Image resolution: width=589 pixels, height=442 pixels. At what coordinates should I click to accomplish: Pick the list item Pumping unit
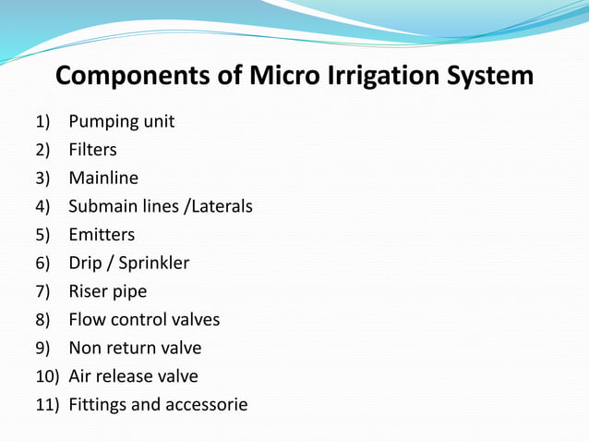(121, 121)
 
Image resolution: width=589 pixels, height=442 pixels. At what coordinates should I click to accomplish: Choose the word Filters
(92, 150)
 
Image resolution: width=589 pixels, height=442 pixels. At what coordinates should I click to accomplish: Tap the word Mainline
(103, 178)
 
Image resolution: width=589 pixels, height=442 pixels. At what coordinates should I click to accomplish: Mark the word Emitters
(102, 235)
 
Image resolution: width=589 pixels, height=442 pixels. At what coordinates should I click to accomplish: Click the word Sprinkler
(153, 264)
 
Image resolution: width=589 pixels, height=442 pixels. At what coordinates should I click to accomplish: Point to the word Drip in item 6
(85, 264)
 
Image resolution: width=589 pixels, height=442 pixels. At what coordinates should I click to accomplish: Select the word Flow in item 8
(87, 320)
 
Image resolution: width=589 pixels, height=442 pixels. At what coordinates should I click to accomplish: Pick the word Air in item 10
(80, 376)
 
